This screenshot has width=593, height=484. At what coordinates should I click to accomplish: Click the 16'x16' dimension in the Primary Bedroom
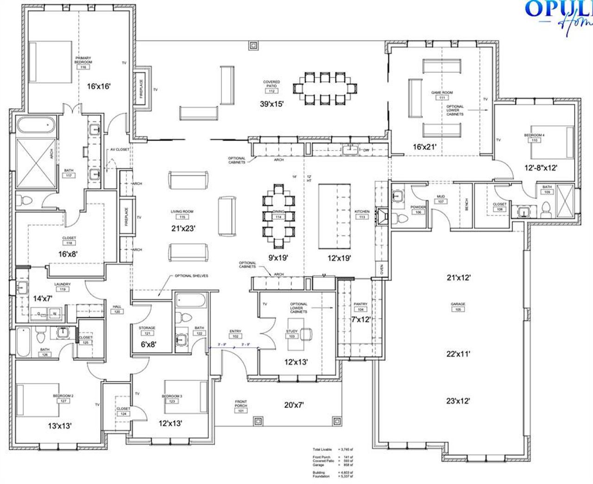(x=99, y=86)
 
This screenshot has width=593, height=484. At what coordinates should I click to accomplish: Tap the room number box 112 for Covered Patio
(x=271, y=91)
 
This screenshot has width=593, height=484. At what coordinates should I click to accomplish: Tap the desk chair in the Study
(x=305, y=334)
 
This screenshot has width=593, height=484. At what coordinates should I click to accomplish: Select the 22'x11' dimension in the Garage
(x=458, y=354)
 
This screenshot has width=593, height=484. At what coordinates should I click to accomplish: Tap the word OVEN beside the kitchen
(x=382, y=269)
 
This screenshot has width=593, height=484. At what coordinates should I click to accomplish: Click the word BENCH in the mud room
(x=467, y=204)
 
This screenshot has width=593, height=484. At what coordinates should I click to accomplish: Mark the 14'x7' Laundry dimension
(x=43, y=299)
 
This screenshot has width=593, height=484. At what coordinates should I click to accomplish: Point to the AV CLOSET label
(x=120, y=150)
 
